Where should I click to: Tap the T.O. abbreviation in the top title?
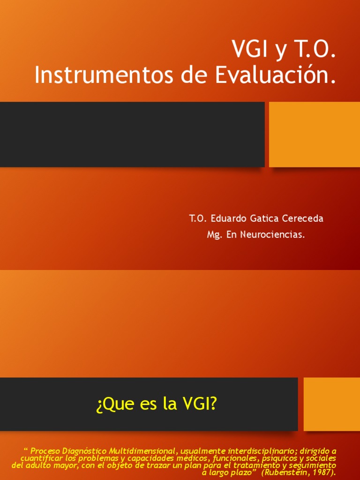(315, 50)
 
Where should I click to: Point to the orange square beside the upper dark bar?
(315, 135)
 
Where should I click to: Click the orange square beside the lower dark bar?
(331, 405)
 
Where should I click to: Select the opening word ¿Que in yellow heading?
(111, 405)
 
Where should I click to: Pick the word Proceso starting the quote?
(45, 451)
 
